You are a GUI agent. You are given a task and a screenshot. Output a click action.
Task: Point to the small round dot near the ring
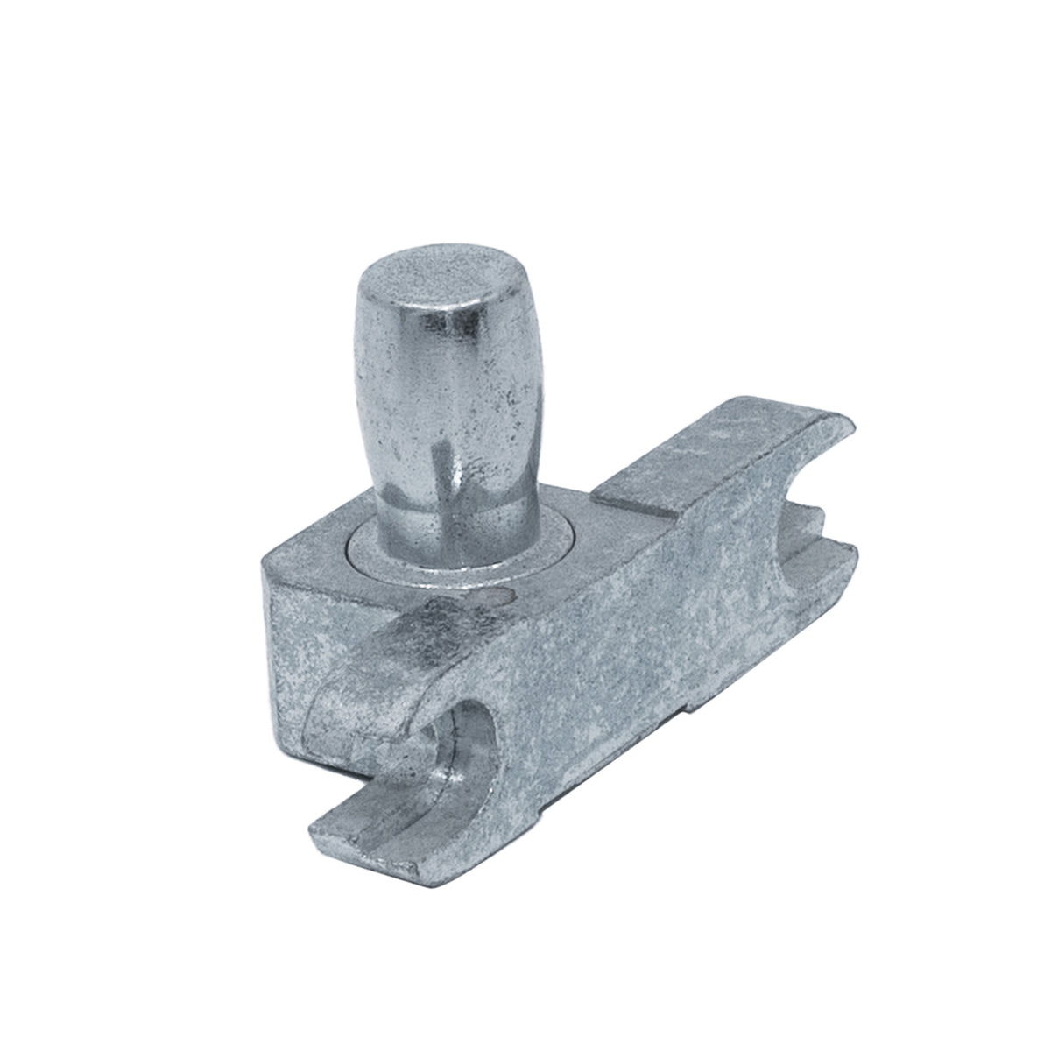(497, 597)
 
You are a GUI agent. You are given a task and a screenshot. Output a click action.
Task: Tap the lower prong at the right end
(832, 561)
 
